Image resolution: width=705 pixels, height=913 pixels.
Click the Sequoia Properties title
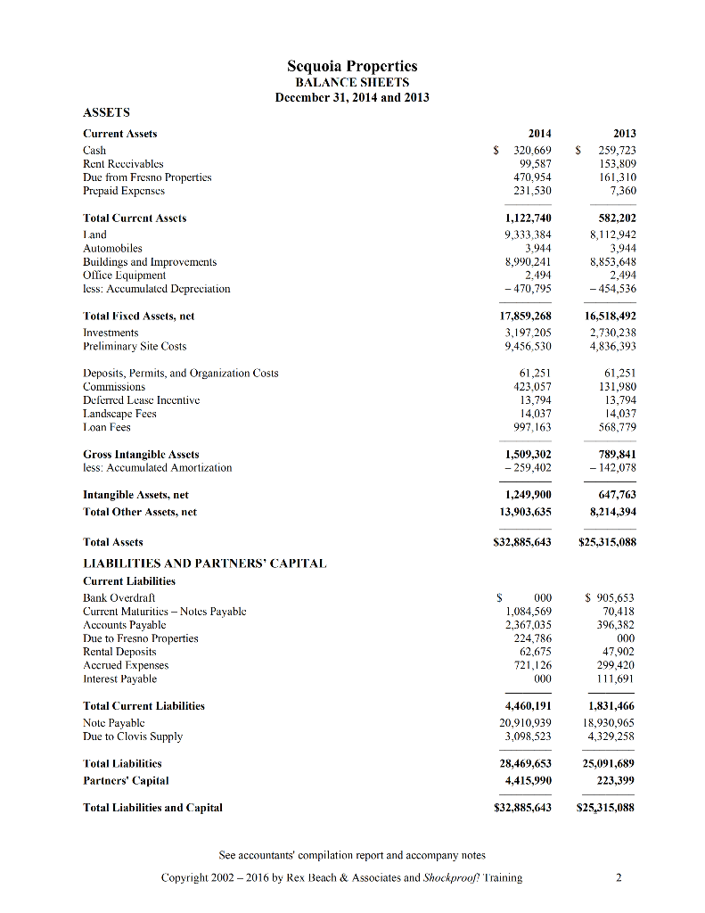[x=352, y=67]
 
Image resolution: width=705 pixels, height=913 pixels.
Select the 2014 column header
[x=539, y=134]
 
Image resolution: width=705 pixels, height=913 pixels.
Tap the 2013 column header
[x=623, y=134]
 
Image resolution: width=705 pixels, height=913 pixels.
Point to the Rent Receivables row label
[x=123, y=164]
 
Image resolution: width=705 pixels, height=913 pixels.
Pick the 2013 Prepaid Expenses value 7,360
[x=622, y=191]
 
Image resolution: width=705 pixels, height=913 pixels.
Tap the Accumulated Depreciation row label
[x=156, y=289]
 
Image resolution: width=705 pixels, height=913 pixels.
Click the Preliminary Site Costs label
[x=135, y=346]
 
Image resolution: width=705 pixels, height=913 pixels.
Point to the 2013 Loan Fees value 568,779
[x=618, y=427]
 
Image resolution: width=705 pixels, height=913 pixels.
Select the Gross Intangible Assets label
[x=141, y=455]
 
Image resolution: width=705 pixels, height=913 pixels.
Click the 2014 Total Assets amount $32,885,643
[x=522, y=542]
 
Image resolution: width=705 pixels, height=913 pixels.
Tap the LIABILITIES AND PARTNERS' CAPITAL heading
[x=204, y=563]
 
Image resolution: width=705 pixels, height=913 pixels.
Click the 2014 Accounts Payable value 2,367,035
[x=528, y=625]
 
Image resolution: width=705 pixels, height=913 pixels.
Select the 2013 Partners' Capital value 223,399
[x=617, y=781]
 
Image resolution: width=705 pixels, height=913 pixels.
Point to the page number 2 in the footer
[x=619, y=877]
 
